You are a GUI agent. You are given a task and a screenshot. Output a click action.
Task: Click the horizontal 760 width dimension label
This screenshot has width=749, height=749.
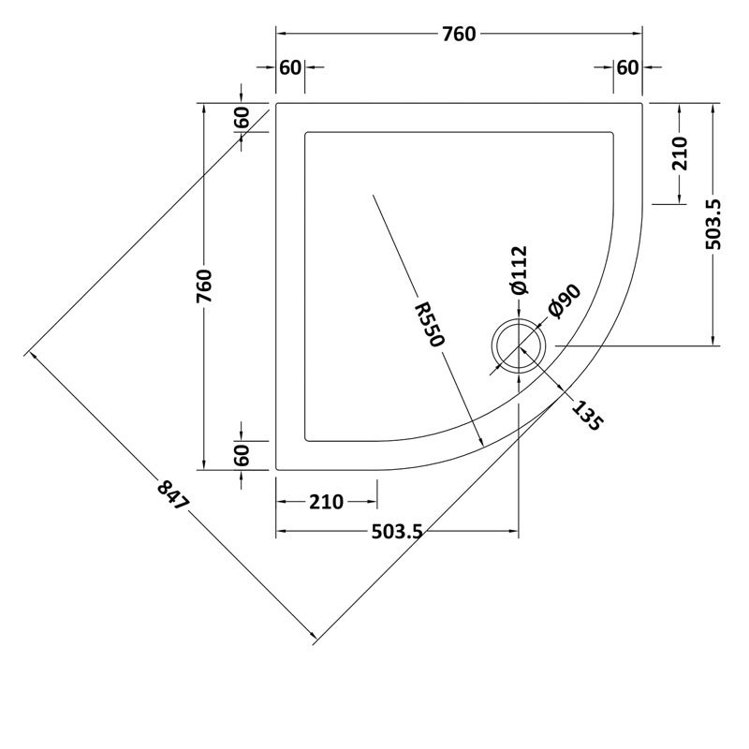(x=459, y=35)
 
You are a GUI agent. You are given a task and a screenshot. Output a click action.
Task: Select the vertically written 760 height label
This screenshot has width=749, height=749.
(x=205, y=286)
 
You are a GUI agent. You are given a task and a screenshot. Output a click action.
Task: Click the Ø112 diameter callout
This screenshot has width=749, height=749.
(x=521, y=271)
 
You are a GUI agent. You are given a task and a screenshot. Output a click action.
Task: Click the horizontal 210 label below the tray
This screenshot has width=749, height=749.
(x=327, y=503)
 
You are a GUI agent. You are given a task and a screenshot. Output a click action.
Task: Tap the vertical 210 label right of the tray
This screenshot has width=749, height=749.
(x=680, y=153)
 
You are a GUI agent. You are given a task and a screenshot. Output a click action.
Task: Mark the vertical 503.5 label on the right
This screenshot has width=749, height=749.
(x=714, y=224)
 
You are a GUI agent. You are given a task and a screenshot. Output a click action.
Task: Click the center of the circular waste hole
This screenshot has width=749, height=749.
(x=519, y=345)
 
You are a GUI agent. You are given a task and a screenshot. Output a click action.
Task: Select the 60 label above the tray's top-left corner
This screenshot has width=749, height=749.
(x=290, y=67)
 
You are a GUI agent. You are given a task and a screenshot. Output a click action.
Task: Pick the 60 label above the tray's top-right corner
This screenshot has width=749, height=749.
(x=627, y=67)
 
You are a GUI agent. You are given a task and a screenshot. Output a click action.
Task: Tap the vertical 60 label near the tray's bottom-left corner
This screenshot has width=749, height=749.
(x=242, y=455)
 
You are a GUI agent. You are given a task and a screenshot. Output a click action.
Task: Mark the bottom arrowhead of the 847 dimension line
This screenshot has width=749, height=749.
(x=315, y=640)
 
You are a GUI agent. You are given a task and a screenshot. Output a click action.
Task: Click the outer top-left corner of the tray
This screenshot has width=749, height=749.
(x=277, y=104)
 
